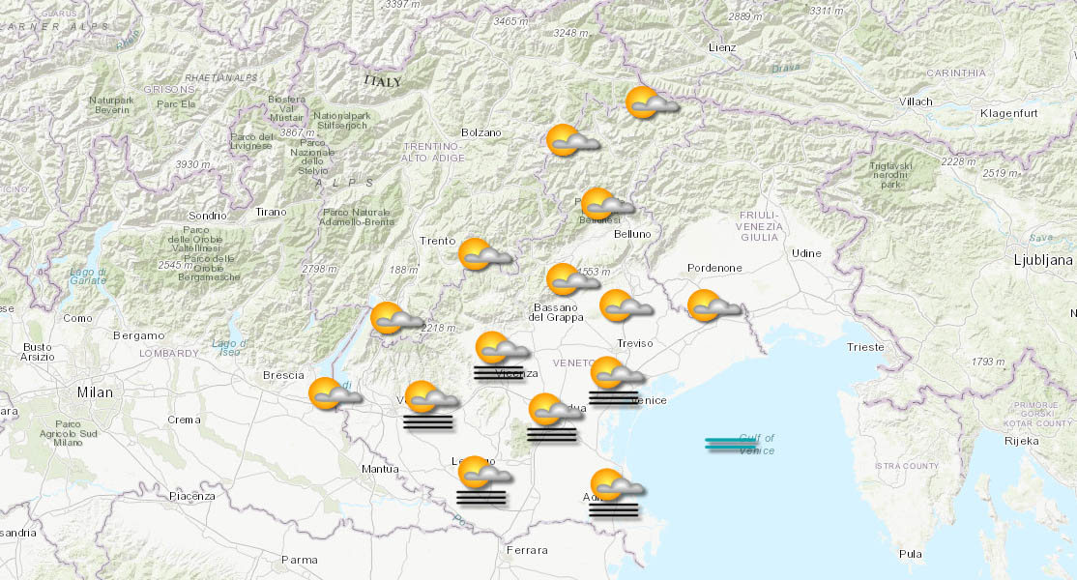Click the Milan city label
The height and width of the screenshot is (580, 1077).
95,392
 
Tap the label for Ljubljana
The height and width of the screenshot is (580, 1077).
1042,260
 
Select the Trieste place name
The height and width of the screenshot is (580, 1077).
864,346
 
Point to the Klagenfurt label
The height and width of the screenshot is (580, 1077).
1007,114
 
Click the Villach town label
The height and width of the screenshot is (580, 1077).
915,101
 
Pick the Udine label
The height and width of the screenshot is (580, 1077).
806,253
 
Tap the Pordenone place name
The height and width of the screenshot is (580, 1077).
714,268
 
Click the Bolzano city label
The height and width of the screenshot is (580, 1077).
481,132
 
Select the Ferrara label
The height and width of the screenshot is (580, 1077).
527,550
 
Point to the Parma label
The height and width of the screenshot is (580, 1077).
299,560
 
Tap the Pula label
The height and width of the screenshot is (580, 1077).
910,554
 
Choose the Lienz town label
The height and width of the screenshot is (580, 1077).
722,47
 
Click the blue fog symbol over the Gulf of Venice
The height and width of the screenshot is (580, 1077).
730,444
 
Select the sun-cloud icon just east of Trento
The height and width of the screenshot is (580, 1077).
482,254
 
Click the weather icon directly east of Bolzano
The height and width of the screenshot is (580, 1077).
570,141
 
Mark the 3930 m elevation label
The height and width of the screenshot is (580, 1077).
192,164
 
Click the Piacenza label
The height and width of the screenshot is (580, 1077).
192,496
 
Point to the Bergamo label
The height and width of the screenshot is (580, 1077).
138,335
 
